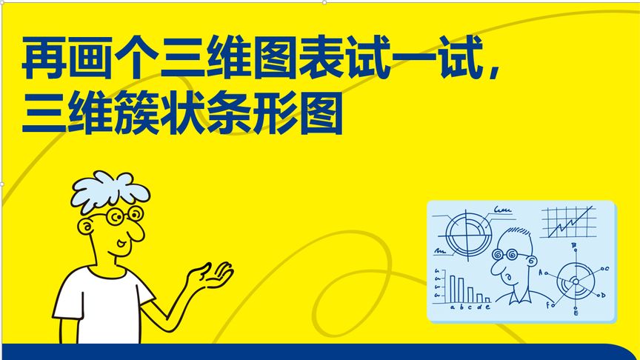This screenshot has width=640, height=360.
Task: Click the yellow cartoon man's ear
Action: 87,226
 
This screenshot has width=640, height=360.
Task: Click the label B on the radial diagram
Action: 573,245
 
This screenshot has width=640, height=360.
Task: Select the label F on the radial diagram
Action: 547,304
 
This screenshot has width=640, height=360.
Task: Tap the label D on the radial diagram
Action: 603,295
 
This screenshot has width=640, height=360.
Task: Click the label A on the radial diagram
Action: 541,273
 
